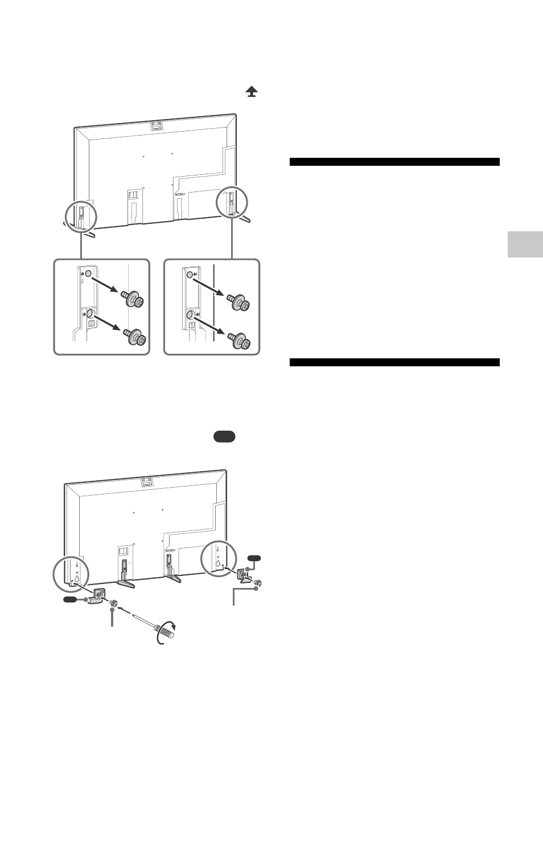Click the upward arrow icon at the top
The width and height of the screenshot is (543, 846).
point(252,91)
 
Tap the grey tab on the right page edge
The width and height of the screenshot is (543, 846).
point(525,244)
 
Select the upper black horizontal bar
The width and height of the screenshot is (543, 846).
point(394,162)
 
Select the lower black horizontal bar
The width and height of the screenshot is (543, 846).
point(394,362)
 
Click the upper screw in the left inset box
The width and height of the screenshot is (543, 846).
point(133,299)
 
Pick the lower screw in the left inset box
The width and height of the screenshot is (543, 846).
point(135,337)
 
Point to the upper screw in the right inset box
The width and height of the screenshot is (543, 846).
point(238,302)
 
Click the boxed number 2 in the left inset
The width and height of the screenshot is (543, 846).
point(91,323)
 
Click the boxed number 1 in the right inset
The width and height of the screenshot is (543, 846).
point(192,325)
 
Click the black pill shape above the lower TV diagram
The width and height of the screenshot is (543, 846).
point(224,436)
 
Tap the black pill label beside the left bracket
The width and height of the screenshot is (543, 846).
point(69,599)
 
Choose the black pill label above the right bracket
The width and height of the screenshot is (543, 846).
point(254,558)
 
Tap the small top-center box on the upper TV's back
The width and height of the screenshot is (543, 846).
point(156,125)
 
